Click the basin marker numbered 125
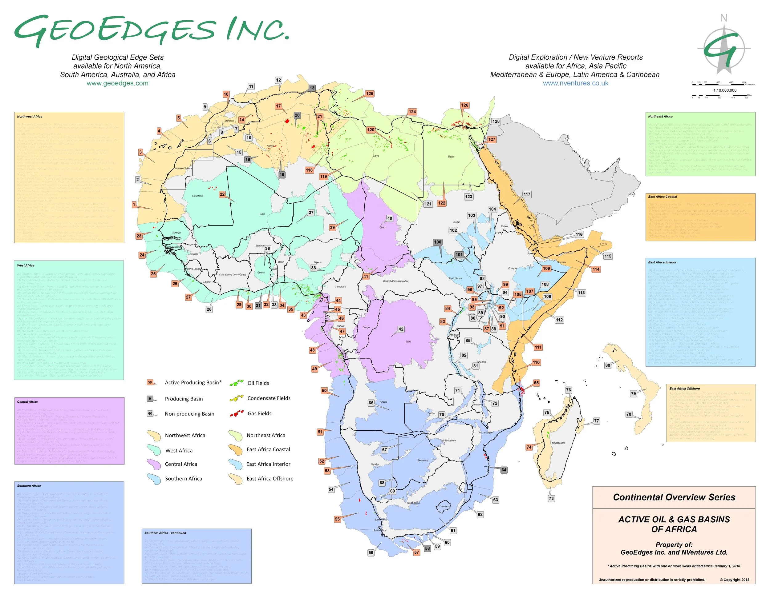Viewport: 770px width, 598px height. pos(369,94)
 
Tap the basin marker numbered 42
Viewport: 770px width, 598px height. pos(401,329)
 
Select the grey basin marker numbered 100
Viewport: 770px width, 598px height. pos(438,242)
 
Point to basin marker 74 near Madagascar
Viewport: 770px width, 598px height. pos(529,447)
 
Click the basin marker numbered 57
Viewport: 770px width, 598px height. pos(416,552)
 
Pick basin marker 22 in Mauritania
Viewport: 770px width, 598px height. pos(222,194)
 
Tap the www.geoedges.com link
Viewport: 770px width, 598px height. pos(117,83)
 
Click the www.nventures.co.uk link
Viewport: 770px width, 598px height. pos(575,83)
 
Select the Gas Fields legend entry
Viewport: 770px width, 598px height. pos(259,413)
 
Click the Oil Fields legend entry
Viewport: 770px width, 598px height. pos(258,383)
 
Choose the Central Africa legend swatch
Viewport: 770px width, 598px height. pos(154,464)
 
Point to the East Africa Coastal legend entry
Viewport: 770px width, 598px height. pos(268,449)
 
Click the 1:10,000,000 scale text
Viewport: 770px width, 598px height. pos(725,90)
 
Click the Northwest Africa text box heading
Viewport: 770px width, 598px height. pos(30,117)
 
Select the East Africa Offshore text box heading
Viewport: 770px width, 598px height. pos(684,389)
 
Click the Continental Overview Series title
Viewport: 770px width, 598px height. pos(674,497)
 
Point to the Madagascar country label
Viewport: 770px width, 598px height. pos(558,443)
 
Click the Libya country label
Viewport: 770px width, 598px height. pos(376,156)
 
